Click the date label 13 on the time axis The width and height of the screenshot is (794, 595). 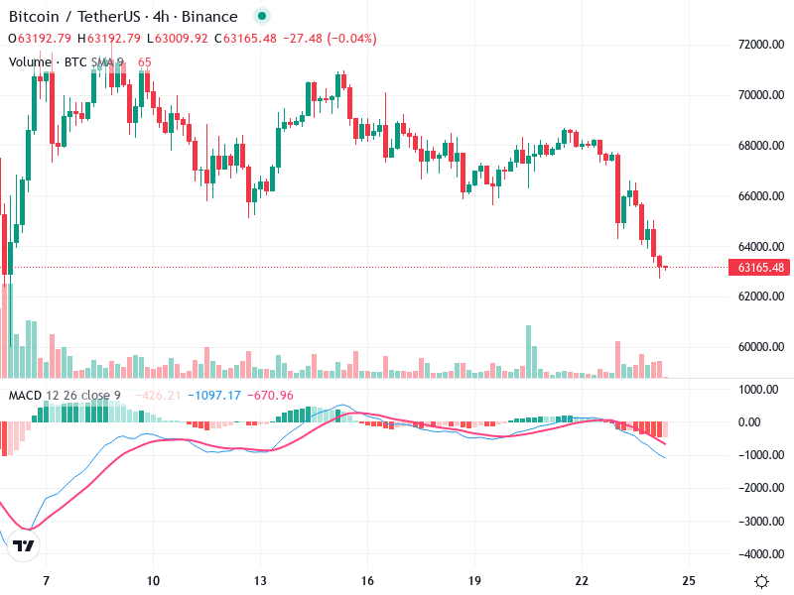tap(260, 581)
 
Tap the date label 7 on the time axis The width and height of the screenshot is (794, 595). tap(46, 581)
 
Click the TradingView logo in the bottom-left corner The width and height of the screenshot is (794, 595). tap(25, 545)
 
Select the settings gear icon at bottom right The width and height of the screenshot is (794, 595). tap(761, 581)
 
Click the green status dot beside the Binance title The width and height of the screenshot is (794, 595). tap(261, 17)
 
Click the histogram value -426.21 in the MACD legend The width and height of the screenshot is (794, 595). tap(161, 396)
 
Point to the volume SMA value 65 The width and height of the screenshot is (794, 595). tap(145, 61)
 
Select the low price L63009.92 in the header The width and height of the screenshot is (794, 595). tap(177, 39)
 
